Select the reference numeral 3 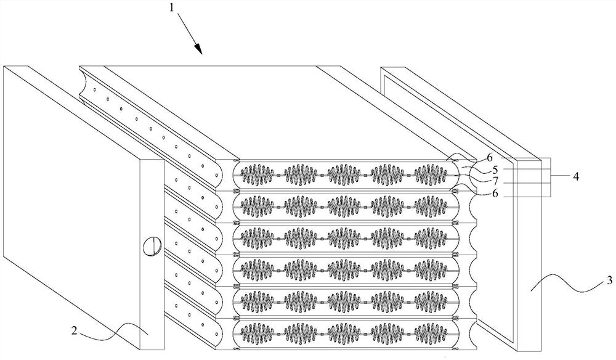click(x=609, y=280)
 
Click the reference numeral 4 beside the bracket click(x=576, y=176)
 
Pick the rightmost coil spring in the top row click(x=433, y=174)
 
